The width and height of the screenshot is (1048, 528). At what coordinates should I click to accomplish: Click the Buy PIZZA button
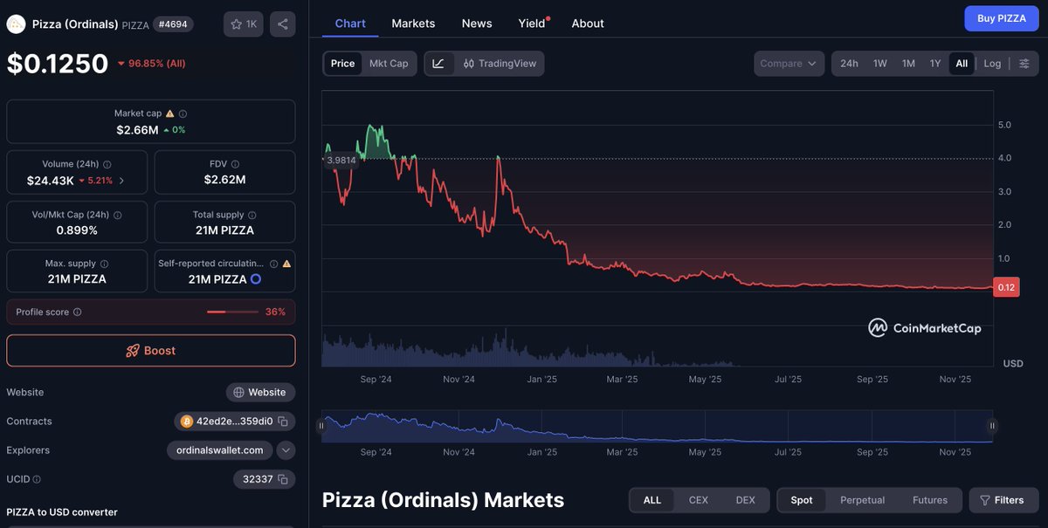point(1001,18)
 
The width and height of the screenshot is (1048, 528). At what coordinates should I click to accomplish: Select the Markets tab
point(413,24)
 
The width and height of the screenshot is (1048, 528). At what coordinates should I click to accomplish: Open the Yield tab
point(532,24)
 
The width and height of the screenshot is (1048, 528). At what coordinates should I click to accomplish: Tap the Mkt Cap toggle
point(389,64)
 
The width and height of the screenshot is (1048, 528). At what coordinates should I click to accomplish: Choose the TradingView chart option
point(500,64)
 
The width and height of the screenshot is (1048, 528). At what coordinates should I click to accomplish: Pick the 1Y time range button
point(934,64)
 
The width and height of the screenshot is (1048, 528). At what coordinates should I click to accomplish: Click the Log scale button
point(992,64)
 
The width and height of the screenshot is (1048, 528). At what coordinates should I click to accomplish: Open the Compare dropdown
point(789,64)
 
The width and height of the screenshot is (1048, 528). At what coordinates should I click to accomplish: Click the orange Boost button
point(151,351)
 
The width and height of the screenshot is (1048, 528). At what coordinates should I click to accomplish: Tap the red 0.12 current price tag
point(1006,288)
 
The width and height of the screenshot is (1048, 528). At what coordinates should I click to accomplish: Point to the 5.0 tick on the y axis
point(1004,125)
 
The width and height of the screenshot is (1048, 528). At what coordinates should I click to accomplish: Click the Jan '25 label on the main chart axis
point(541,380)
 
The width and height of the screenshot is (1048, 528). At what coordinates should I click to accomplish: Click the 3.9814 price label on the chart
point(341,161)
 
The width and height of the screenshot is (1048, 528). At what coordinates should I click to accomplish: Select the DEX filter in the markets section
point(745,500)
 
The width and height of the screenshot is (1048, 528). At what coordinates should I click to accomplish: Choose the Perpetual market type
point(862,500)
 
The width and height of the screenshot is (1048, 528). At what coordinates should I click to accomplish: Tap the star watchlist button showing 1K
point(244,24)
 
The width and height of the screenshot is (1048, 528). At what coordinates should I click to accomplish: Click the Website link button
point(260,393)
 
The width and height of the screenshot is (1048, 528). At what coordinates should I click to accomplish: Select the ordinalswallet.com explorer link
point(220,450)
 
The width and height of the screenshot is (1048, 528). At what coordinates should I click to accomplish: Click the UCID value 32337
point(257,479)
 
